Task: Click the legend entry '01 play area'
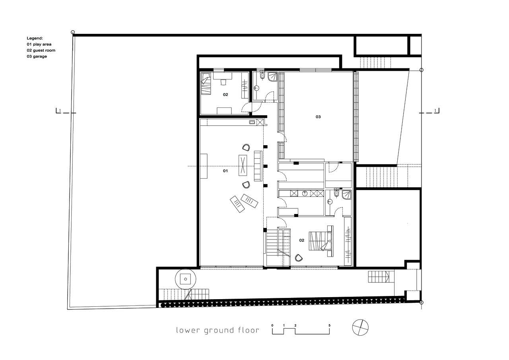pyautogui.click(x=39, y=44)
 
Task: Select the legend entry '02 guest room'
pyautogui.click(x=41, y=50)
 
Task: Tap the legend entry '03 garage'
pyautogui.click(x=37, y=56)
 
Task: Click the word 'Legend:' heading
pyautogui.click(x=35, y=38)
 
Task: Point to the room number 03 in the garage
pyautogui.click(x=318, y=117)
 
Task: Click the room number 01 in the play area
pyautogui.click(x=225, y=171)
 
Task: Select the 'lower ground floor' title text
pyautogui.click(x=218, y=330)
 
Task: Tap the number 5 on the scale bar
pyautogui.click(x=330, y=325)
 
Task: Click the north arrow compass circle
pyautogui.click(x=360, y=327)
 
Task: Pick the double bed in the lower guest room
pyautogui.click(x=321, y=241)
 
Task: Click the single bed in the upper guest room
pyautogui.click(x=206, y=84)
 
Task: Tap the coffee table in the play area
pyautogui.click(x=243, y=165)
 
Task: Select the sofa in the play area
pyautogui.click(x=258, y=166)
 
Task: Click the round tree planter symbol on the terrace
pyautogui.click(x=186, y=279)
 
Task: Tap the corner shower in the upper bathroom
pyautogui.click(x=272, y=77)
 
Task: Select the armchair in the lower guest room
pyautogui.click(x=299, y=258)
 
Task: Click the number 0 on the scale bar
pyautogui.click(x=272, y=325)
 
